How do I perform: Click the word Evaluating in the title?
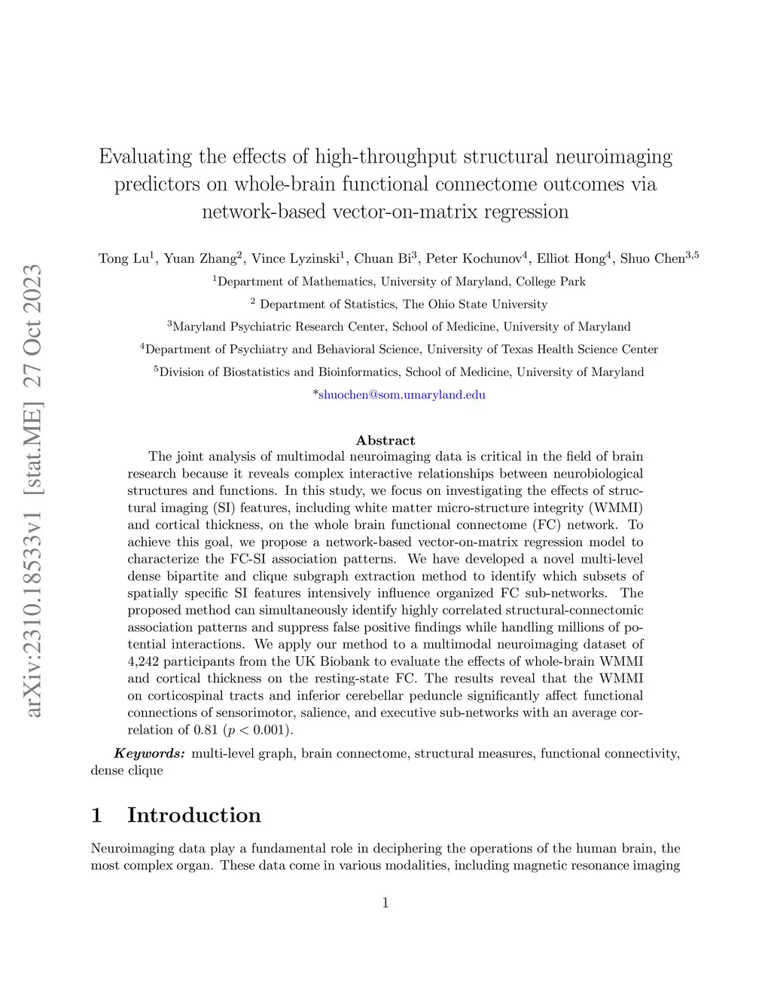(x=145, y=157)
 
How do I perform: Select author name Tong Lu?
(x=124, y=259)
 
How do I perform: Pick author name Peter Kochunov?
(x=474, y=259)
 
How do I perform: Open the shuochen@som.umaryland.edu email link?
(x=401, y=395)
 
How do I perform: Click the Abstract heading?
(x=385, y=441)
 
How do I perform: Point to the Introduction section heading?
(x=194, y=815)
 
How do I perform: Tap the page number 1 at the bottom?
(x=385, y=903)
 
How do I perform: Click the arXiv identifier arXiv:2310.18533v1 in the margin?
(x=33, y=618)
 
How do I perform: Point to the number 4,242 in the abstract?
(x=143, y=661)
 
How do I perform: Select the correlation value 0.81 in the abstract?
(x=206, y=730)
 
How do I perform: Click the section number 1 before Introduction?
(x=96, y=815)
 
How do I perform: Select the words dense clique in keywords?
(x=126, y=771)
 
